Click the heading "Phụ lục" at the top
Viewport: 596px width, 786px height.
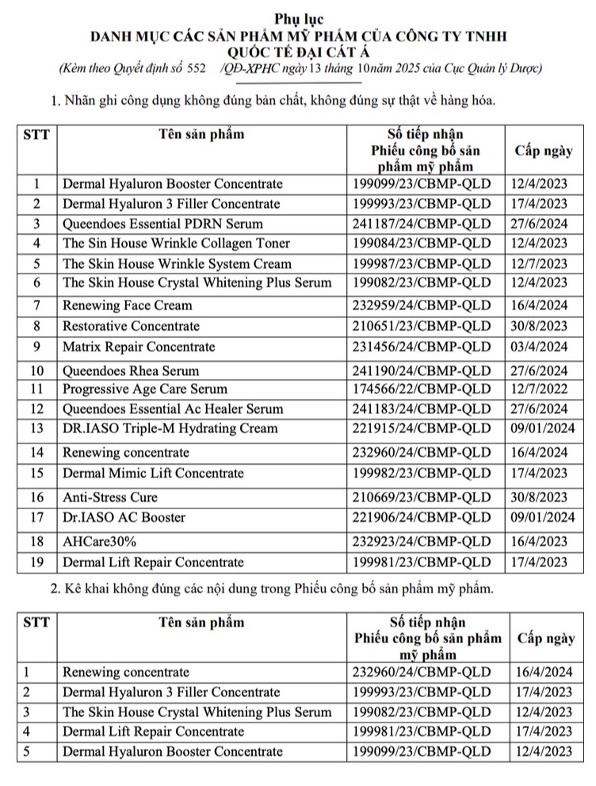pyautogui.click(x=298, y=18)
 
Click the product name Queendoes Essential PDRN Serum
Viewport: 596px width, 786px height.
pyautogui.click(x=162, y=224)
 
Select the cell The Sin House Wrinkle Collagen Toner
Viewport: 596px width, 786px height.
pyautogui.click(x=176, y=243)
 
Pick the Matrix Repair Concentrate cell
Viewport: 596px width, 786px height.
pyautogui.click(x=139, y=347)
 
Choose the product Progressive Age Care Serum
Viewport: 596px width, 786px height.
pyautogui.click(x=145, y=389)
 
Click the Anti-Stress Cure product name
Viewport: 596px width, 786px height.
pyautogui.click(x=110, y=497)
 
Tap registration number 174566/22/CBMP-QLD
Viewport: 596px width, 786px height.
pyautogui.click(x=421, y=389)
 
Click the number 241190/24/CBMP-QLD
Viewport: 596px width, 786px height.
pyautogui.click(x=421, y=370)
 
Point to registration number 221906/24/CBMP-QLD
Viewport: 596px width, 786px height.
pyautogui.click(x=421, y=517)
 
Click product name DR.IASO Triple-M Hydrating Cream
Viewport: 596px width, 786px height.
pyautogui.click(x=170, y=428)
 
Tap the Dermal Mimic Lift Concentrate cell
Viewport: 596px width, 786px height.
pyautogui.click(x=153, y=473)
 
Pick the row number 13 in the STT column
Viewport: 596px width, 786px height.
pyautogui.click(x=36, y=428)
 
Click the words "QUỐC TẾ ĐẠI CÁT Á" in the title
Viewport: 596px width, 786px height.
pyautogui.click(x=298, y=52)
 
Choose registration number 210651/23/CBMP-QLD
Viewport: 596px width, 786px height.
pyautogui.click(x=421, y=326)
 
